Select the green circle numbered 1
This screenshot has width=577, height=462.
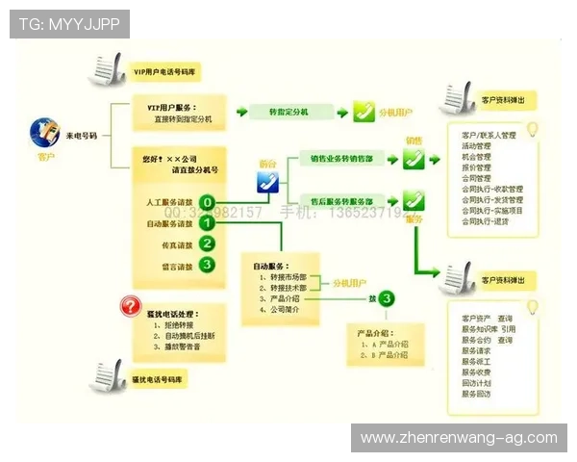(x=207, y=223)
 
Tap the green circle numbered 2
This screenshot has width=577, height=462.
(x=207, y=244)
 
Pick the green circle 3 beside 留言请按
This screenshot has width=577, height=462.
(x=207, y=265)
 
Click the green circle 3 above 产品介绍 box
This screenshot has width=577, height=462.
(x=386, y=298)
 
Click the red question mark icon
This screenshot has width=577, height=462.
(x=129, y=308)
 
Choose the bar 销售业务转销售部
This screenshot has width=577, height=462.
(x=341, y=157)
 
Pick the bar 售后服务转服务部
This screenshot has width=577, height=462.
(x=341, y=199)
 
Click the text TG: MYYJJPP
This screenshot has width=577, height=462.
(x=69, y=23)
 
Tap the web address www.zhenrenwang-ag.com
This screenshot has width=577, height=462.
(x=458, y=438)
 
